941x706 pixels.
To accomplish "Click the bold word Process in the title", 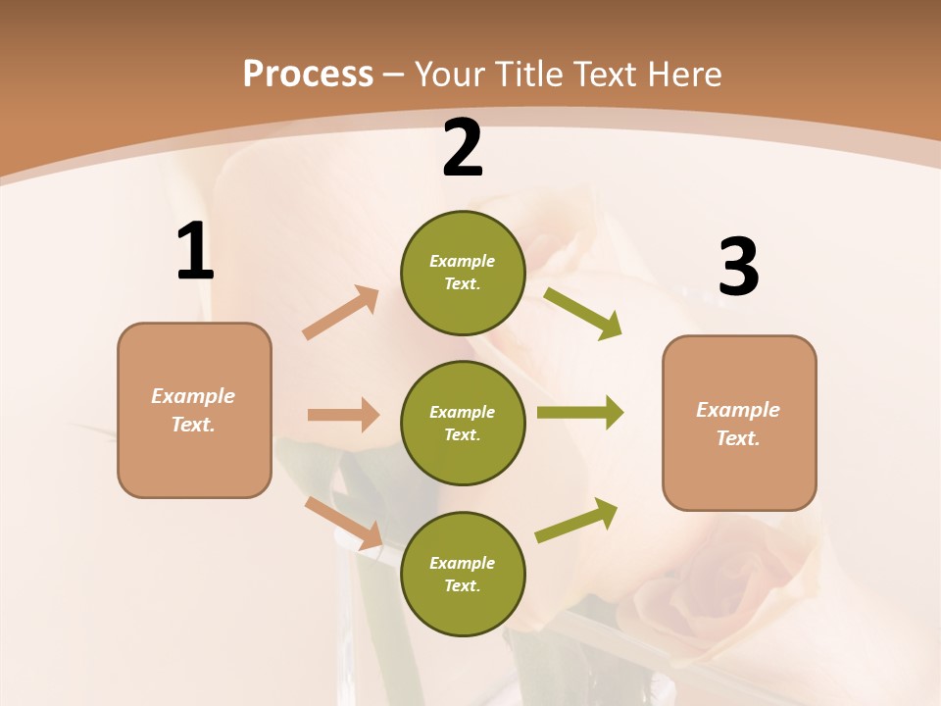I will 308,75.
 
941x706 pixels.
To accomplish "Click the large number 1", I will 195,252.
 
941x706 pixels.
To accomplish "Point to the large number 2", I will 463,149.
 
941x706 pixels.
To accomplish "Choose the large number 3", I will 738,267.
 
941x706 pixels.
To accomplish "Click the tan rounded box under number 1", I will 194,410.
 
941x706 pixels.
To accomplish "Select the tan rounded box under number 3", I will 739,424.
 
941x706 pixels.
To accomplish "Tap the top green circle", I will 463,273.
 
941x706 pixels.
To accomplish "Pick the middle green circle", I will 463,423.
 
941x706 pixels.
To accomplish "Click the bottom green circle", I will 463,574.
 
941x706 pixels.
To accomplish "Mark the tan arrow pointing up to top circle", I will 341,312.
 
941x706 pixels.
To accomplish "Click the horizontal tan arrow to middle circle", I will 343,415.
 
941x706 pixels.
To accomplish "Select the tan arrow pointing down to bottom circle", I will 344,523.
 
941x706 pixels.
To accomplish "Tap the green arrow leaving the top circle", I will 582,313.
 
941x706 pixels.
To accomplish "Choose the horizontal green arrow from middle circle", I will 579,413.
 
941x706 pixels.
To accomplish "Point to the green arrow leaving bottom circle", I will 577,519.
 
